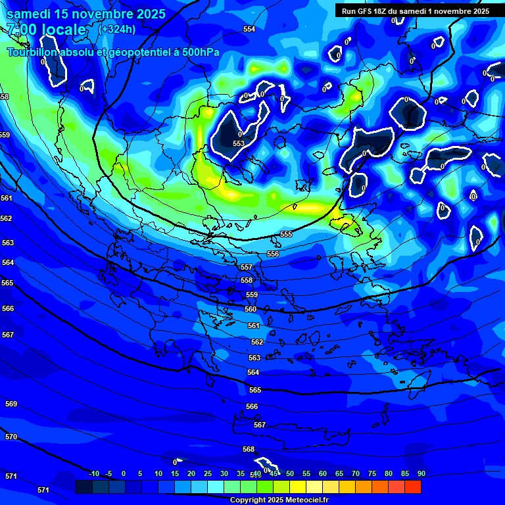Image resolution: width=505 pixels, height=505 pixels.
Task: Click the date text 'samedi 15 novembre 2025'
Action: tap(86, 14)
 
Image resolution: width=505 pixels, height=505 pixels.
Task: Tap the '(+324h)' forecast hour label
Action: tap(117, 29)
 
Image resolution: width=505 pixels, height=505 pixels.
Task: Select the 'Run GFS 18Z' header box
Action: tap(415, 11)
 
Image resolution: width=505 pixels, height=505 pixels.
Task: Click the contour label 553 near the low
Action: tap(239, 143)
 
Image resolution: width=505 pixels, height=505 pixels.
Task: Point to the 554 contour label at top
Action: tap(249, 30)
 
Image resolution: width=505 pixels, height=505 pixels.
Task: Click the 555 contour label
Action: tap(286, 235)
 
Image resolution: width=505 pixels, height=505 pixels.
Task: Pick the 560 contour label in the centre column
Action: tap(251, 309)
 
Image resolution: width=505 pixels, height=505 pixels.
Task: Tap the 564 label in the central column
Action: tap(253, 373)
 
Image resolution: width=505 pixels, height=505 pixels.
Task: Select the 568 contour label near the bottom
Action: tap(249, 450)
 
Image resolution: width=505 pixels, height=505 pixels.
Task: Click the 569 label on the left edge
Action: tap(11, 404)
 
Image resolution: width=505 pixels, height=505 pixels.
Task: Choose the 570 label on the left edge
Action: tap(11, 437)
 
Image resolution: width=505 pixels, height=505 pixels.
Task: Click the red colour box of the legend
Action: tap(412, 487)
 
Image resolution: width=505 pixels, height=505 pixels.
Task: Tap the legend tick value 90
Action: tap(421, 474)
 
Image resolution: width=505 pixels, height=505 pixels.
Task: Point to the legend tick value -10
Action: tap(94, 474)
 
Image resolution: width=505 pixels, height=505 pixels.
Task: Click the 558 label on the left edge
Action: tap(5, 97)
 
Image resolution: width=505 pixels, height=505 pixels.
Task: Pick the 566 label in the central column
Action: tap(252, 407)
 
